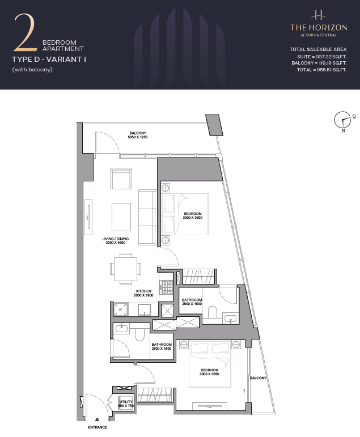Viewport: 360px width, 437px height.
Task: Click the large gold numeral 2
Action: pos(26,33)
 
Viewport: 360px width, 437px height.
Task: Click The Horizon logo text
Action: pos(319,27)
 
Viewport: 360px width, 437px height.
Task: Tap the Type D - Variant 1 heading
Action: pos(49,60)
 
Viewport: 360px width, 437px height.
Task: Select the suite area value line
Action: pos(322,57)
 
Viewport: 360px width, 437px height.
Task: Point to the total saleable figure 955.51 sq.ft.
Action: pos(322,70)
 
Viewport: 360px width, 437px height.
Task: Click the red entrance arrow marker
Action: pos(97,419)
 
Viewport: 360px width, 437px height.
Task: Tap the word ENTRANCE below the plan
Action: pos(98,427)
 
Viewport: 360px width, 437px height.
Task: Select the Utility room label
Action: pos(126,404)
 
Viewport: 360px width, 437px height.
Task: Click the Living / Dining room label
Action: pos(116,240)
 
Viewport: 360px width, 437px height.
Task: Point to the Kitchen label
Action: pos(143,293)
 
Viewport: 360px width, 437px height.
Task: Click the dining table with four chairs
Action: pos(125,269)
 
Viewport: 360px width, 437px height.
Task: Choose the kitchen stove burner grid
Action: pos(167,287)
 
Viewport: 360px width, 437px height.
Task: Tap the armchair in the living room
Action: pos(121,179)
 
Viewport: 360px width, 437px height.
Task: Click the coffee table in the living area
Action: pos(121,217)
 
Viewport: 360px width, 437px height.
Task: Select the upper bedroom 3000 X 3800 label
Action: pos(193,216)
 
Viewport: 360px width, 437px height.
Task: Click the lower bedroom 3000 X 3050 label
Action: pos(209,372)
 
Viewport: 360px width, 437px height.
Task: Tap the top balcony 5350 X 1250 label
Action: pos(138,135)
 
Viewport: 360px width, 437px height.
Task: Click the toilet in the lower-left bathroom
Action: pos(139,334)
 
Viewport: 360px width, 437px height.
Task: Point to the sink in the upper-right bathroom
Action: pos(230,318)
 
